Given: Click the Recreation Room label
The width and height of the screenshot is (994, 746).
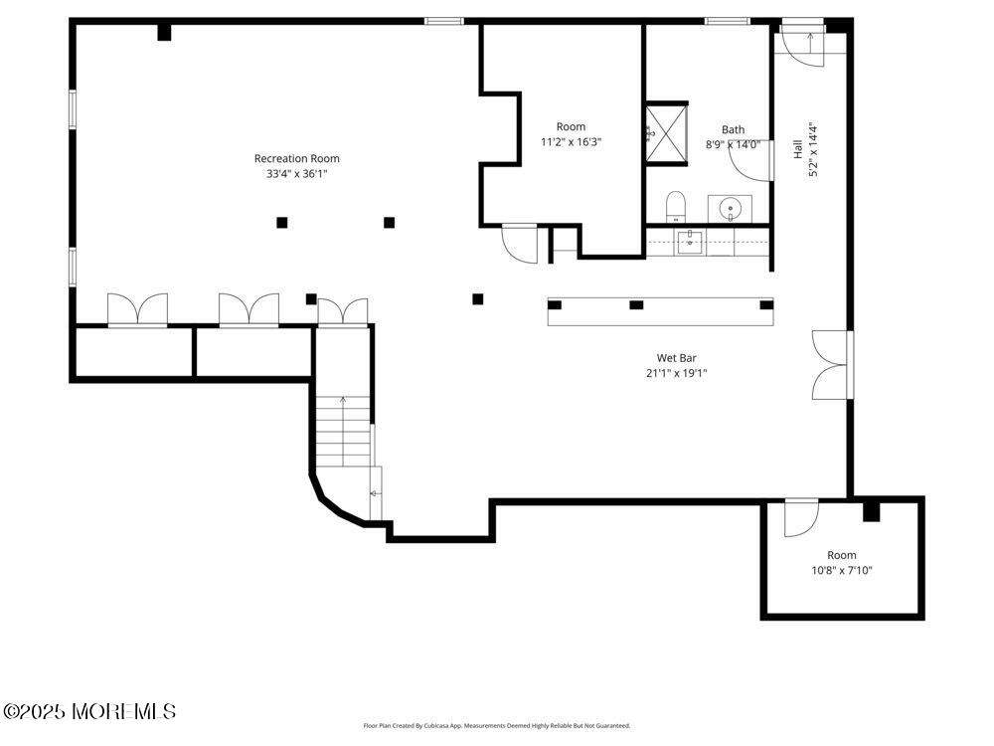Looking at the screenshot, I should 296,158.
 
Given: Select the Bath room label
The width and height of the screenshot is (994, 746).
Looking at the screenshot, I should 733,129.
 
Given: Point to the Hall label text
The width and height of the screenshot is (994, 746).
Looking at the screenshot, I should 797,149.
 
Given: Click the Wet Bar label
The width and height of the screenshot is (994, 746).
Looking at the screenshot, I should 676,358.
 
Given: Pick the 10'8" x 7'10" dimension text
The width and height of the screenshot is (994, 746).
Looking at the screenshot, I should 842,571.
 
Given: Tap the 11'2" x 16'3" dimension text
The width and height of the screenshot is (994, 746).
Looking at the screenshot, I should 571,142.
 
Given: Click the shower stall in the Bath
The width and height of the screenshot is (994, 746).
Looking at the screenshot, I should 666,130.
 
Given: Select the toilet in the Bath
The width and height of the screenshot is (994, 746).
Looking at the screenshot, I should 676,207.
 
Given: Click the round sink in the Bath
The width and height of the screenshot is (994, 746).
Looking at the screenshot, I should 731,209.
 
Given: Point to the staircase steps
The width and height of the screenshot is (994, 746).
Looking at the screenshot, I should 344,432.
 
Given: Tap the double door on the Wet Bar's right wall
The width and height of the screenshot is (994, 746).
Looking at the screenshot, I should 830,364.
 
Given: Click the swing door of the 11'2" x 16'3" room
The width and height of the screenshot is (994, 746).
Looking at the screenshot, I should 520,242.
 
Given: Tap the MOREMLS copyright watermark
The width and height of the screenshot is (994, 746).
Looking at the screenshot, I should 89,711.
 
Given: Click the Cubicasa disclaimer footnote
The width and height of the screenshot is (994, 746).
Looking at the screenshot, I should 496,726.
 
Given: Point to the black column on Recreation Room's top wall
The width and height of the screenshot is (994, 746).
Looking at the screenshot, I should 164,32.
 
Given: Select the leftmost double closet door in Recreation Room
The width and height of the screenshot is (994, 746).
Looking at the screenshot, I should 137,309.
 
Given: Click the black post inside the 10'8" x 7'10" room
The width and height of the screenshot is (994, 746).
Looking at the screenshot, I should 871,511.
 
